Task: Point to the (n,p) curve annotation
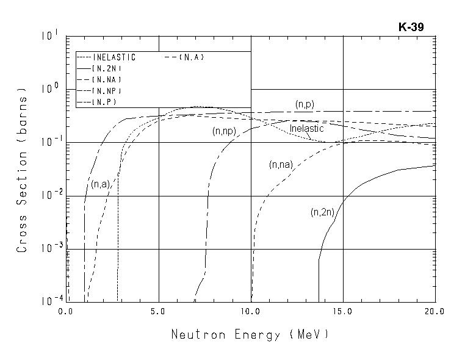(x=305, y=104)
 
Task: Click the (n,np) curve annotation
(x=224, y=131)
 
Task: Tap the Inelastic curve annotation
(x=306, y=129)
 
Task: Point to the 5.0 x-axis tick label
(x=159, y=312)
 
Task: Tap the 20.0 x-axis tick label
(x=435, y=312)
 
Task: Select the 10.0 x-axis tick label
(x=251, y=312)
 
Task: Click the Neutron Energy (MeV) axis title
(x=250, y=334)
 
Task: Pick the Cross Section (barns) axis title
(x=23, y=173)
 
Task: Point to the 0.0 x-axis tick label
(x=66, y=312)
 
